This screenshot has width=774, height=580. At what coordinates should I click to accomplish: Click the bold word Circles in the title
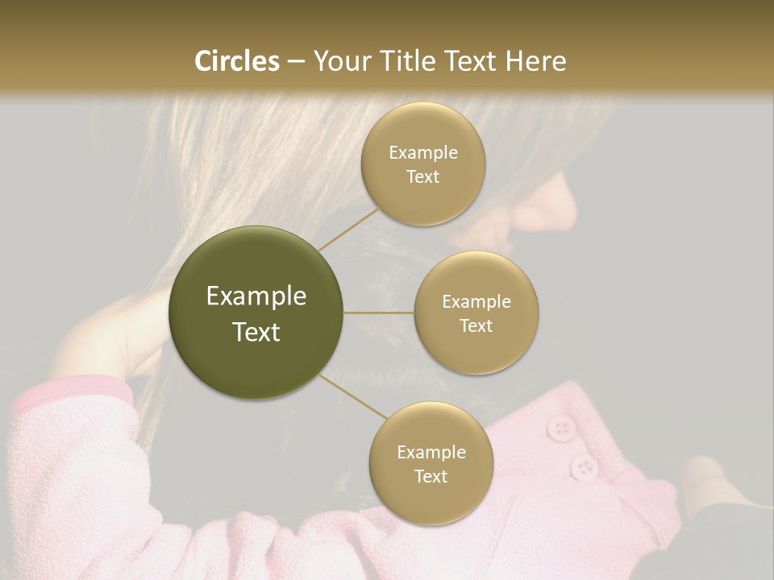click(236, 61)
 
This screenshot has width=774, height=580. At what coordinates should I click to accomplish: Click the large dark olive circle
click(256, 313)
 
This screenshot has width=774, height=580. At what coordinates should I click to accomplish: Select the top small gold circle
click(423, 164)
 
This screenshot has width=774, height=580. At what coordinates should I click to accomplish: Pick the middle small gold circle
click(476, 313)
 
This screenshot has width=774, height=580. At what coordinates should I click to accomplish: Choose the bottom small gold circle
click(431, 463)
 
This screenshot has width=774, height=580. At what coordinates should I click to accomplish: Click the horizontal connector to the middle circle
click(379, 313)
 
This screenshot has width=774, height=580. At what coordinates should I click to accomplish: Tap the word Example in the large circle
click(256, 296)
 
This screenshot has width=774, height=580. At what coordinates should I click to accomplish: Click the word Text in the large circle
click(256, 332)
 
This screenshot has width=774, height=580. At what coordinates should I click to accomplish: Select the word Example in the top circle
click(423, 153)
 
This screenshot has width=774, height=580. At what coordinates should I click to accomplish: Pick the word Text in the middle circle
click(476, 325)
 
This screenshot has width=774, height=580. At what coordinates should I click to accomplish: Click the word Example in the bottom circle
click(431, 452)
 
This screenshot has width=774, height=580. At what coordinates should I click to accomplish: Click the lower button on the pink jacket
click(583, 465)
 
